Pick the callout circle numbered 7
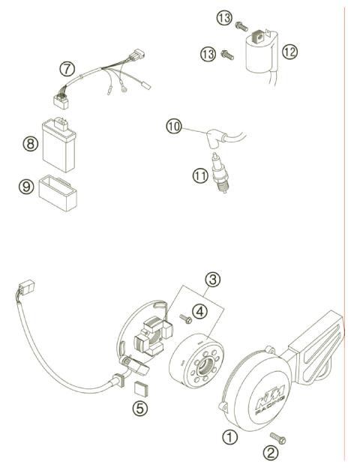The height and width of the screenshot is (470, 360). click(x=67, y=69)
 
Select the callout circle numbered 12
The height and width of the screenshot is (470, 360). click(x=290, y=51)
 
